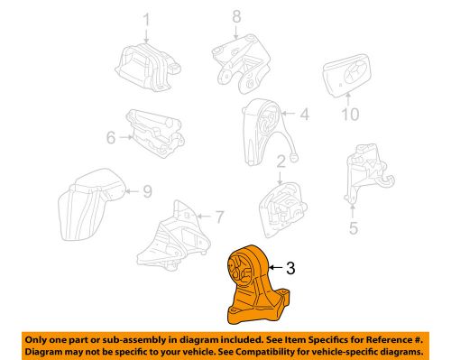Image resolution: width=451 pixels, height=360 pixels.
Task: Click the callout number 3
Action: tap(290, 268)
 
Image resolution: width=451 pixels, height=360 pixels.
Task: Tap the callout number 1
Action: tap(146, 20)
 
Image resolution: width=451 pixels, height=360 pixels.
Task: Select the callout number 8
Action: tap(236, 16)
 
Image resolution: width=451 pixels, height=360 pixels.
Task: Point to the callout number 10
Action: tap(350, 115)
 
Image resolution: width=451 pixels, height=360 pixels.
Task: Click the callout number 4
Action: tap(305, 115)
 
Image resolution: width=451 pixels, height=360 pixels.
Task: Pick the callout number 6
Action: tap(111, 137)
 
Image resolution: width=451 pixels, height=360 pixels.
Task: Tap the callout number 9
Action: tap(147, 191)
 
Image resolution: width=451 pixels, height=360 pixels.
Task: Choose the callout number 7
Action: tap(220, 217)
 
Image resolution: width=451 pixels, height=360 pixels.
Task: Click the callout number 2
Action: tap(281, 162)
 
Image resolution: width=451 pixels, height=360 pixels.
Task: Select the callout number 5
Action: tap(354, 228)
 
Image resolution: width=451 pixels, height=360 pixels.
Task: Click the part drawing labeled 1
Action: tap(147, 67)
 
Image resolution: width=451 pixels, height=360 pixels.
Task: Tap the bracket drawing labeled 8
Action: tap(241, 64)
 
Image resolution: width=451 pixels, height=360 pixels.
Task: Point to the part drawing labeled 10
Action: tap(346, 76)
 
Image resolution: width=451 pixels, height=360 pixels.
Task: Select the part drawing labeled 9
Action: tap(91, 205)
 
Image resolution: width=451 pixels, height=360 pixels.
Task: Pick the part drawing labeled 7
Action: tap(173, 235)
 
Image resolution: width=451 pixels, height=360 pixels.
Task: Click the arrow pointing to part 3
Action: tap(276, 267)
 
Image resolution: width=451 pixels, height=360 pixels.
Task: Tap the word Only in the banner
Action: tap(34, 340)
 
